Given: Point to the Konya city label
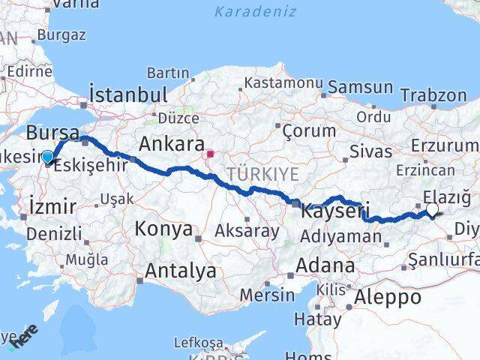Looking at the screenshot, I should tap(163, 229).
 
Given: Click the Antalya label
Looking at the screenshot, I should tap(181, 270).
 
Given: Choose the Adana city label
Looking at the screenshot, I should tap(325, 265).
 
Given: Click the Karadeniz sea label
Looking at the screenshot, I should tap(255, 11).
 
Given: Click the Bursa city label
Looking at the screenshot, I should tap(52, 133).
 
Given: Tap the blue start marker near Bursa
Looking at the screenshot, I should tap(49, 157).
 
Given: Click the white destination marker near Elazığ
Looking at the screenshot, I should tap(432, 210).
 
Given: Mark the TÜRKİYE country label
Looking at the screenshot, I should tap(263, 174).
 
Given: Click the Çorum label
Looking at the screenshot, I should tap(309, 130).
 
